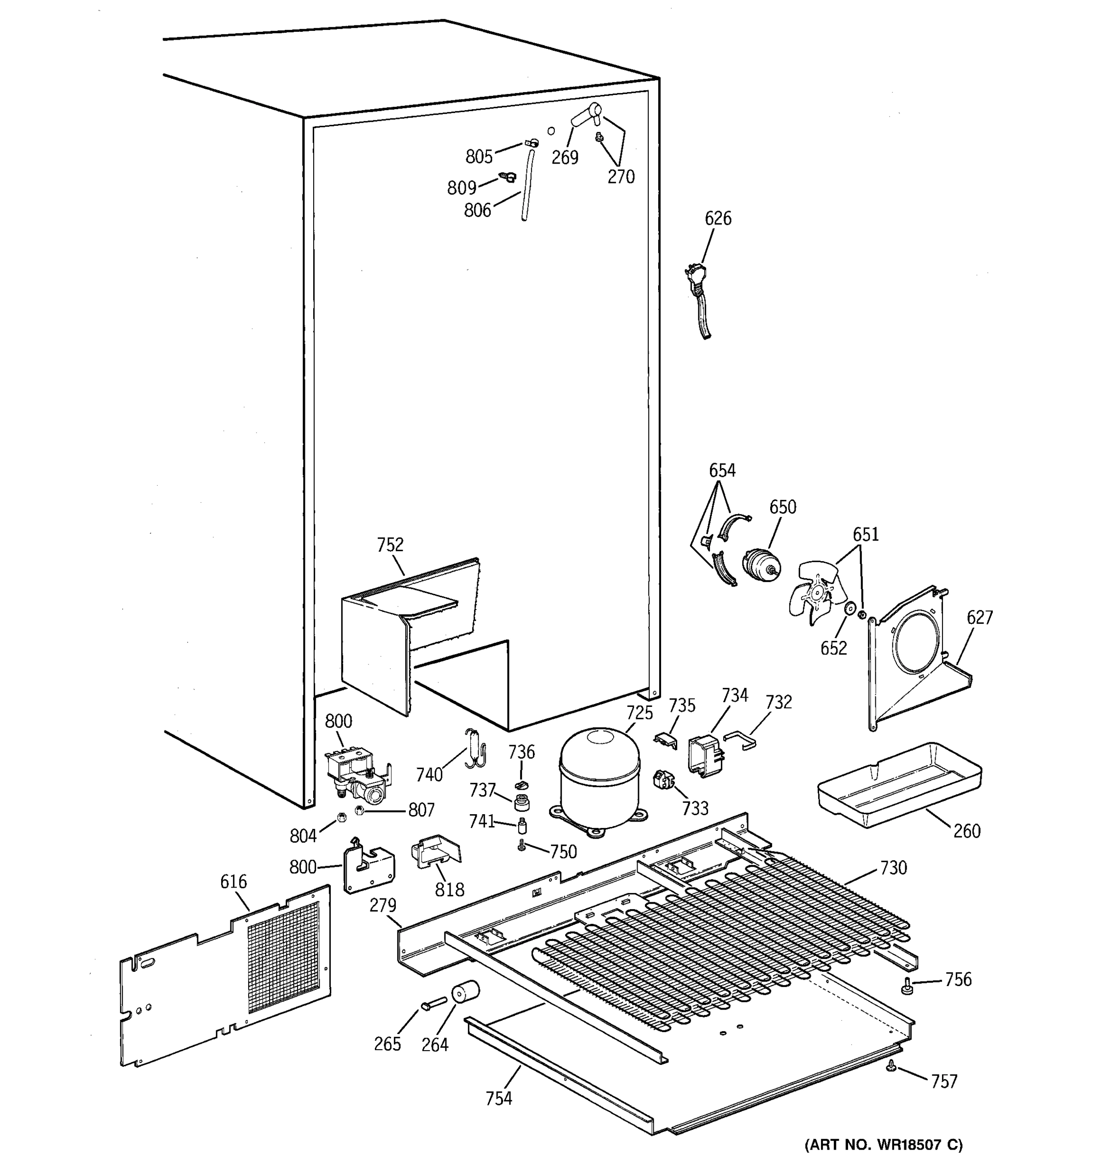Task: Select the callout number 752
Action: click(x=390, y=544)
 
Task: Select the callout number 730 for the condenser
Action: click(x=893, y=868)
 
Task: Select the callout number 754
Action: click(x=499, y=1098)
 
